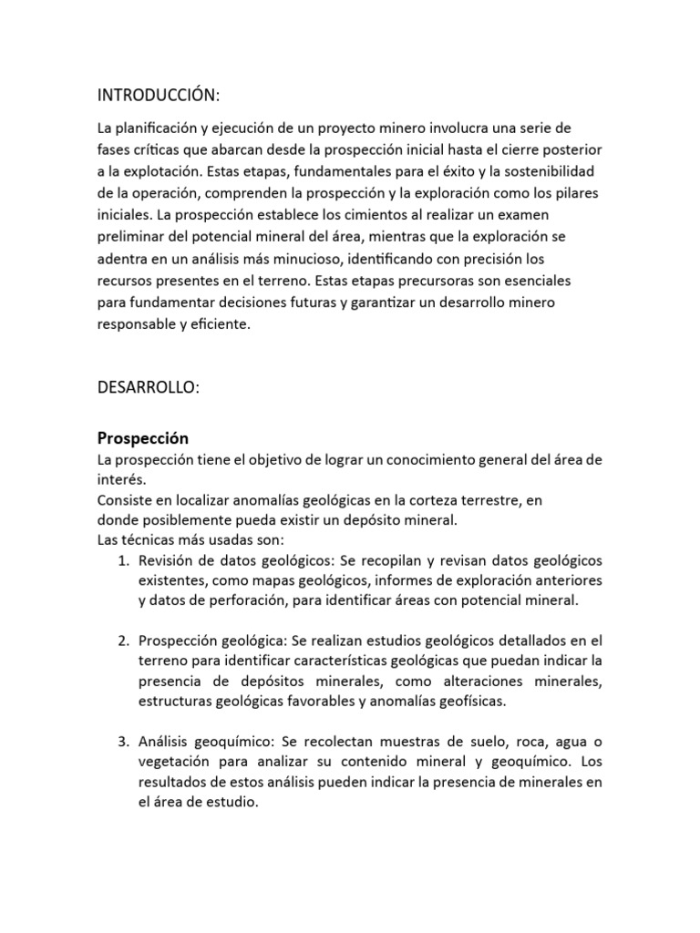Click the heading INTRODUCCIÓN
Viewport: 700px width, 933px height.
click(159, 96)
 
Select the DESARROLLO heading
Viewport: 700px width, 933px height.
click(148, 387)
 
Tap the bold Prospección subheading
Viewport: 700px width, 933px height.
click(142, 438)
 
